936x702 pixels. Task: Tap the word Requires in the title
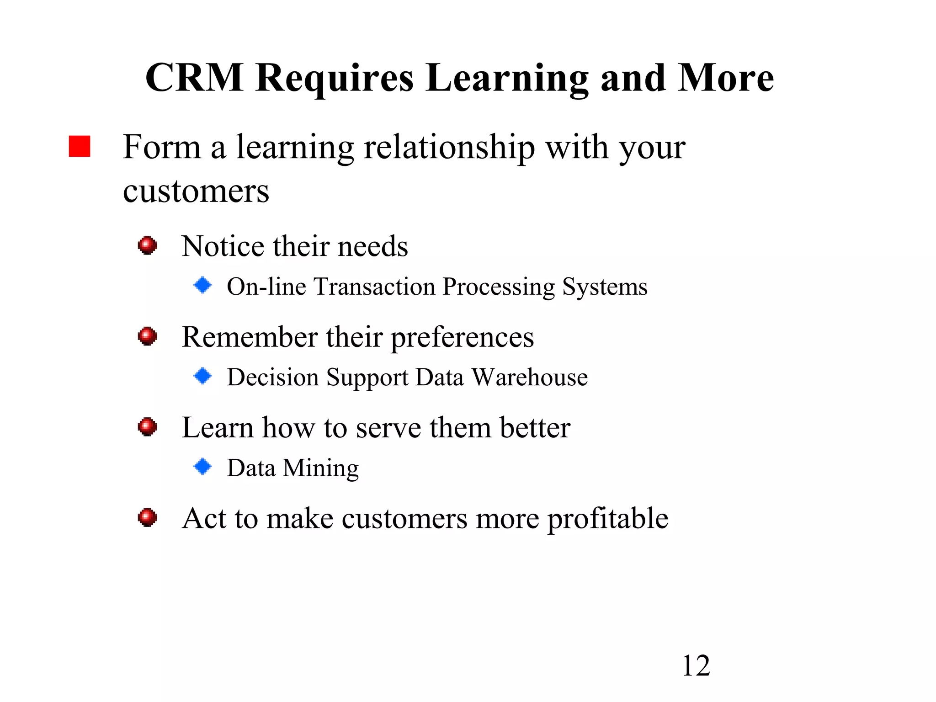[x=335, y=79]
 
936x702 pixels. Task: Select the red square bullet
[x=80, y=146]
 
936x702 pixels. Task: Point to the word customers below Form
[x=196, y=191]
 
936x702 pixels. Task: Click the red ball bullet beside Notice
[x=147, y=245]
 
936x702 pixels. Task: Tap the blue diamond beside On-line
[x=202, y=285]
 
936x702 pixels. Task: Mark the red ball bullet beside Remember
[x=147, y=336]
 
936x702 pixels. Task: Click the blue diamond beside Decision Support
[x=202, y=376]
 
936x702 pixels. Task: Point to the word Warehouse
[x=529, y=378]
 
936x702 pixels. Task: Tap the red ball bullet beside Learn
[x=147, y=427]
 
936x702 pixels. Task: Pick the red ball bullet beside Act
[x=147, y=517]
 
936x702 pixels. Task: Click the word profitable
[x=607, y=519]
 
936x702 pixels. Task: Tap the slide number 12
[x=696, y=666]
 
